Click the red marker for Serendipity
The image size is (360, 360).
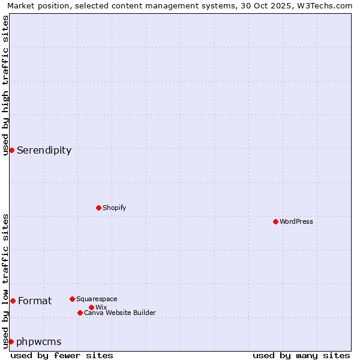pos(11,150)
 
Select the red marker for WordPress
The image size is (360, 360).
pos(275,221)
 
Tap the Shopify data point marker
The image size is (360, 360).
pos(98,208)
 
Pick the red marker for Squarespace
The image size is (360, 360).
pos(72,299)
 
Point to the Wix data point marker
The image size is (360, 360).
pos(91,307)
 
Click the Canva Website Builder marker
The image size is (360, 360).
pos(80,313)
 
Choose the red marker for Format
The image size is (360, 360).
pos(13,301)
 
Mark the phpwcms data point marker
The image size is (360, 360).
pos(11,341)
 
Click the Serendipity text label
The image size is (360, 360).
pos(44,151)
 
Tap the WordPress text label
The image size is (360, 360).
pos(296,221)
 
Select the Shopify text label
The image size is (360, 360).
pos(114,208)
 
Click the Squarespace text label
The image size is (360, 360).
pos(97,299)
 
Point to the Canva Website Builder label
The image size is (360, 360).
pos(120,313)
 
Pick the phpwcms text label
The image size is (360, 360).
pos(39,342)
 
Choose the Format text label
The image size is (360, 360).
pos(35,301)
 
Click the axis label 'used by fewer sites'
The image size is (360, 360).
pos(62,355)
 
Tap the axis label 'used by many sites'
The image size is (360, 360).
pos(301,355)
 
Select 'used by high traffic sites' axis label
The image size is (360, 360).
pos(5,85)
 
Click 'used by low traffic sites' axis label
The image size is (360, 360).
pos(5,281)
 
